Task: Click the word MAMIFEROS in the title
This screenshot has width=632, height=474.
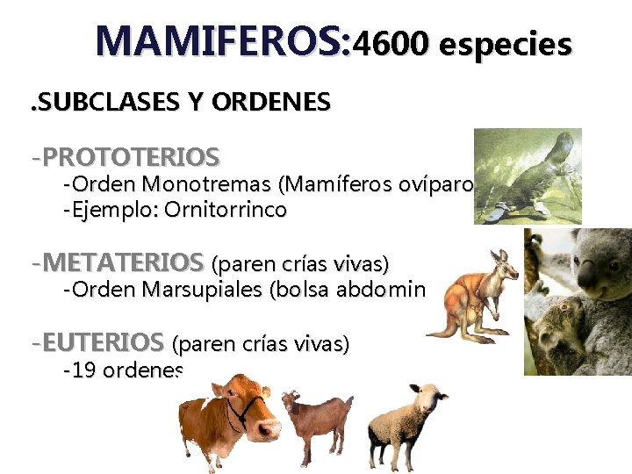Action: tap(223, 40)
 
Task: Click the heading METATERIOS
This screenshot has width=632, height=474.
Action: tap(122, 262)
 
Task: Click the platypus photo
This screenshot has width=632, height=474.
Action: tap(527, 176)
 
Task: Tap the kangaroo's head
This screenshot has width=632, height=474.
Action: tap(504, 260)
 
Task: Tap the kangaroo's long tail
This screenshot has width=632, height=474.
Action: tap(439, 328)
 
